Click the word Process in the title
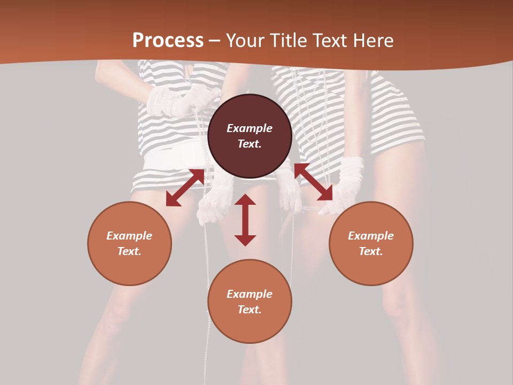pyautogui.click(x=168, y=41)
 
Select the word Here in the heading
pyautogui.click(x=374, y=41)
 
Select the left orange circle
pyautogui.click(x=129, y=243)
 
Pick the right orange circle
pyautogui.click(x=371, y=243)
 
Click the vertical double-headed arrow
pyautogui.click(x=245, y=220)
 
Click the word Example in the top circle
pyautogui.click(x=250, y=128)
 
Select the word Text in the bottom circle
pyautogui.click(x=250, y=310)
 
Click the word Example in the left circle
pyautogui.click(x=129, y=236)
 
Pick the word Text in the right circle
pyautogui.click(x=371, y=251)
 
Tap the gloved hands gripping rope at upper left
pyautogui.click(x=179, y=101)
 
